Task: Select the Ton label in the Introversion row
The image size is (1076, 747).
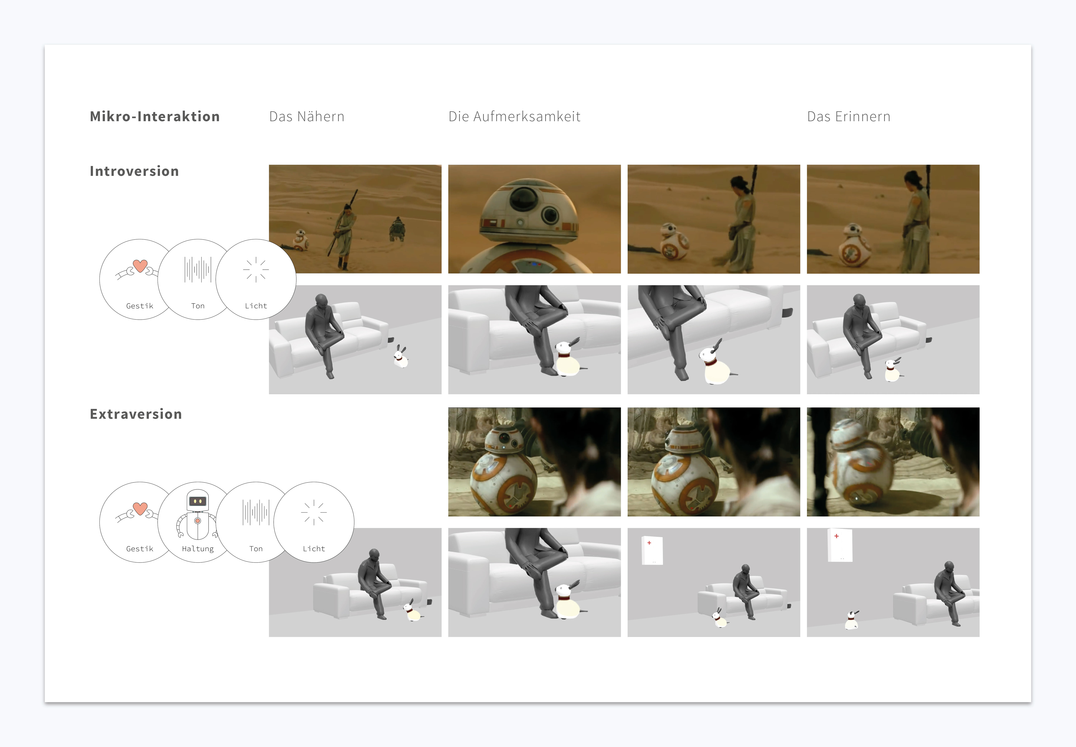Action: coord(198,306)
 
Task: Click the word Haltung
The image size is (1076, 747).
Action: coord(198,549)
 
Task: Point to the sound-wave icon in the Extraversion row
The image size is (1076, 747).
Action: coord(256,512)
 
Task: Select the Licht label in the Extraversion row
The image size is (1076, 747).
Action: coord(314,549)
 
